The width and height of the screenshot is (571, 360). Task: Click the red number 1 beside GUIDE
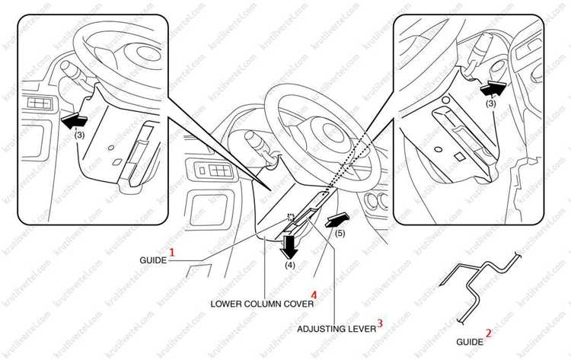[x=172, y=252]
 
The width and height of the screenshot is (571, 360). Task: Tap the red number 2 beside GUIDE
[x=488, y=333]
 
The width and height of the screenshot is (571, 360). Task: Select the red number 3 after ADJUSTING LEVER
[x=380, y=323]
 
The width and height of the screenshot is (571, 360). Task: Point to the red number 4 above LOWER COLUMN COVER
[x=314, y=295]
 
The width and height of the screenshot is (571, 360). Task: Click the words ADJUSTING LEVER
[x=337, y=329]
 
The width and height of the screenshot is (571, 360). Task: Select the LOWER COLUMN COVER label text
[x=262, y=304]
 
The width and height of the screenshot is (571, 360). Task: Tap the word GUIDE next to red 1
[x=153, y=260]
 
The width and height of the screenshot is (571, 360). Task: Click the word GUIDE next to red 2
[x=470, y=342]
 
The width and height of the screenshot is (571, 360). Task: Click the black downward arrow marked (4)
[x=290, y=246]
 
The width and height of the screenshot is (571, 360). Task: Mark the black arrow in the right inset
[x=493, y=89]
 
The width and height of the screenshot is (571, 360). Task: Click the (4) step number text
[x=290, y=265]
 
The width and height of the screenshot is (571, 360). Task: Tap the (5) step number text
[x=340, y=234]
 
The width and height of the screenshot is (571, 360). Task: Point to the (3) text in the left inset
[x=79, y=135]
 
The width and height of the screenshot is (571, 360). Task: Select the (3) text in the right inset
[x=491, y=104]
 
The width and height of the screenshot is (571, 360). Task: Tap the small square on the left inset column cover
[x=117, y=161]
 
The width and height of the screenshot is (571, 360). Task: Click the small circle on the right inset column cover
[x=439, y=149]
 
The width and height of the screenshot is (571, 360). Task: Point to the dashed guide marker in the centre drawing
[x=290, y=218]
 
